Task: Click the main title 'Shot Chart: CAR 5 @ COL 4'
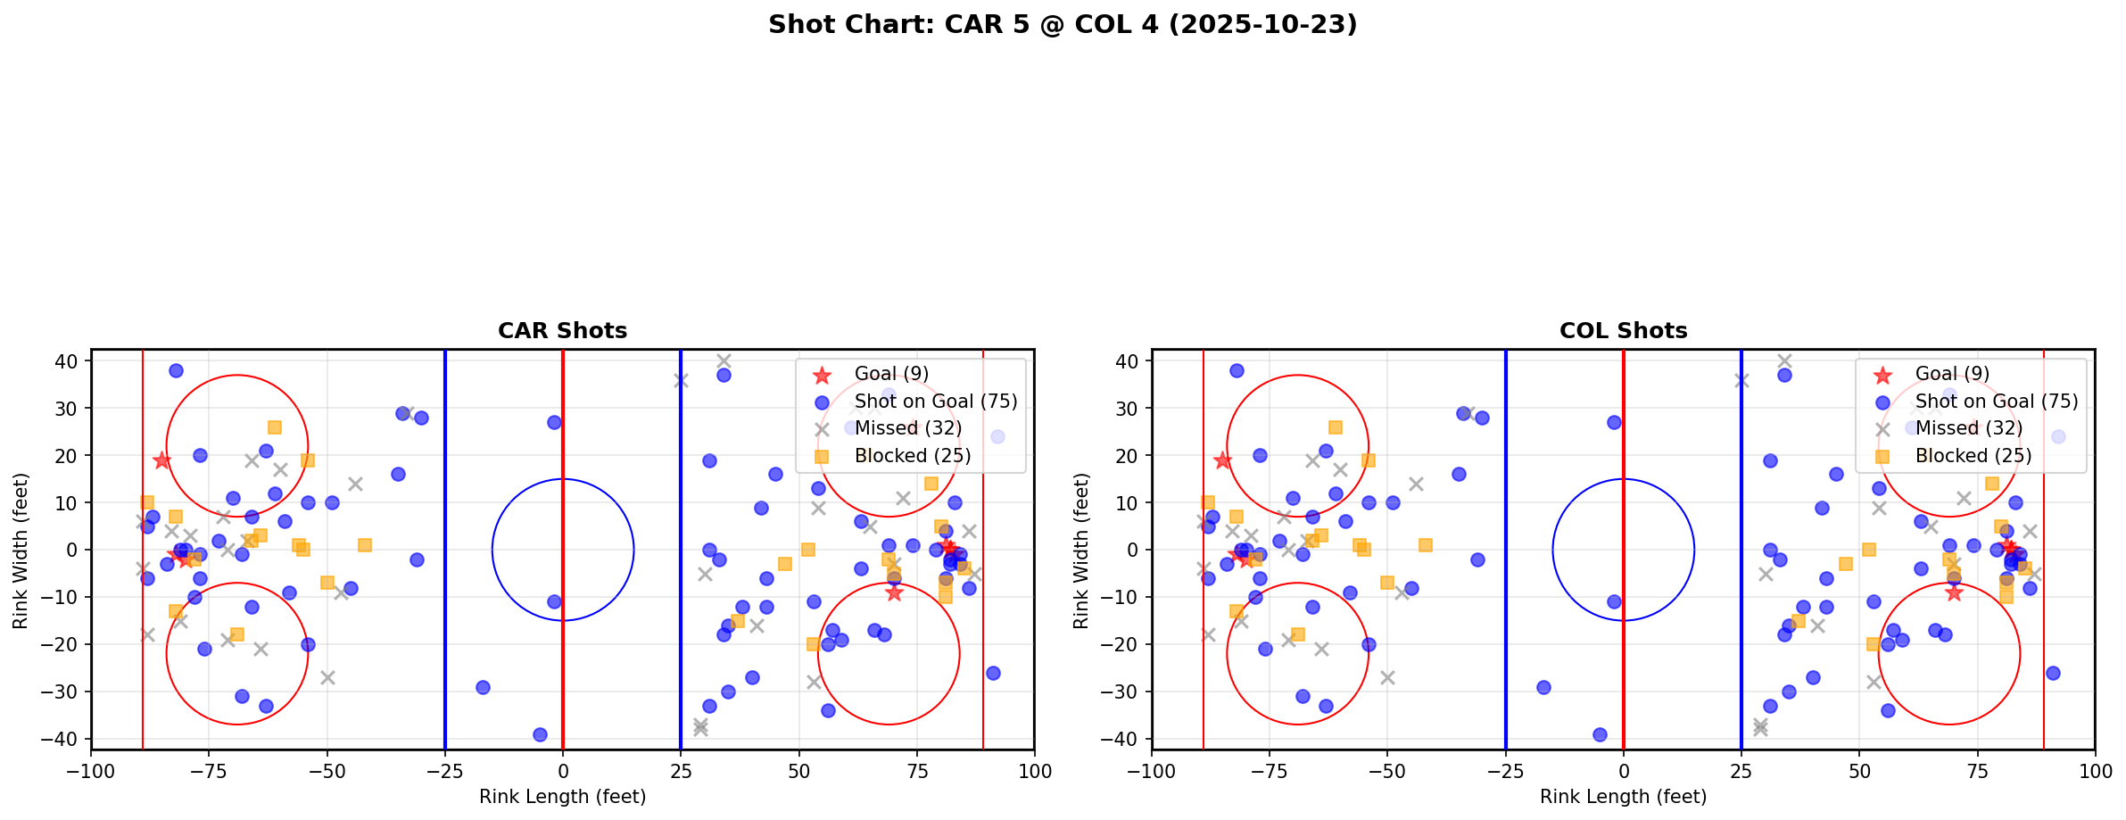click(x=1062, y=24)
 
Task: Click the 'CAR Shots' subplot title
click(x=562, y=331)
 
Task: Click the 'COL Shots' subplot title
click(x=1623, y=331)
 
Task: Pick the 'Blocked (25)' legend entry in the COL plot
click(x=1973, y=456)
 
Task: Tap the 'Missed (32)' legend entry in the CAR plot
click(x=907, y=428)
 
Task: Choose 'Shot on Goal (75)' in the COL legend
click(x=1996, y=402)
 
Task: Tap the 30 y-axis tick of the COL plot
click(x=1130, y=409)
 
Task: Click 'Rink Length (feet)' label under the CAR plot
click(x=562, y=797)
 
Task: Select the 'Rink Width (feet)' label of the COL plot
click(x=1081, y=551)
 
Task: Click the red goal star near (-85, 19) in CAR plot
click(x=161, y=460)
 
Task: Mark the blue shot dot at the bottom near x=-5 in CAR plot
click(x=540, y=734)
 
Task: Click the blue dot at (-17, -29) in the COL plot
click(x=1543, y=687)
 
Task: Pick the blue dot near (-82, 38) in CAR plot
click(x=176, y=370)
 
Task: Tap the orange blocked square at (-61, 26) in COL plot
click(x=1335, y=427)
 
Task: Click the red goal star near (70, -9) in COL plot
click(x=1954, y=592)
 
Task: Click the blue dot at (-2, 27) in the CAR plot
click(x=554, y=422)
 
